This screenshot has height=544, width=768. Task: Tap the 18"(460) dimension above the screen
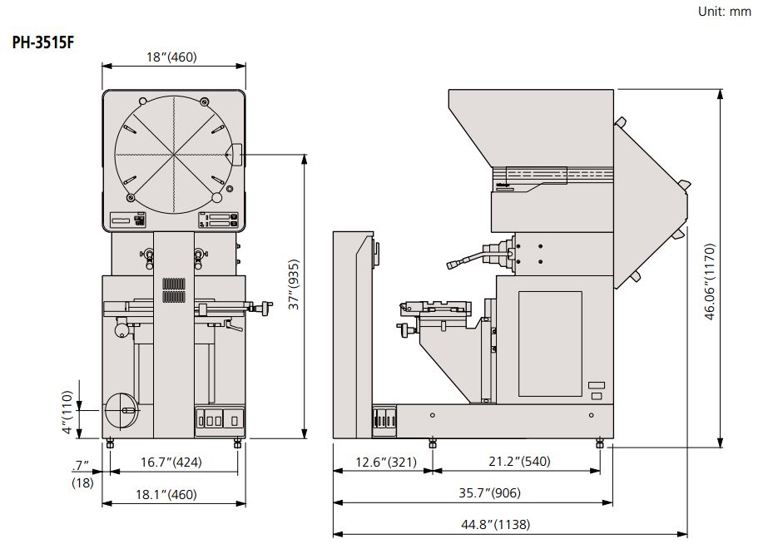point(172,57)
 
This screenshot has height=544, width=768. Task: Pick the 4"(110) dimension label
point(67,413)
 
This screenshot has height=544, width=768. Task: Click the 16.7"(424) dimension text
point(171,462)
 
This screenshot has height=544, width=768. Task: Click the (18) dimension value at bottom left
point(82,482)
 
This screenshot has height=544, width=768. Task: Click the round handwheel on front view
point(122,411)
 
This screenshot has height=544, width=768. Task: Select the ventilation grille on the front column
point(172,289)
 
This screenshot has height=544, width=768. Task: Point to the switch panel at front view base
point(220,420)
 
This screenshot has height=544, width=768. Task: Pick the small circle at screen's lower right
point(217,198)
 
